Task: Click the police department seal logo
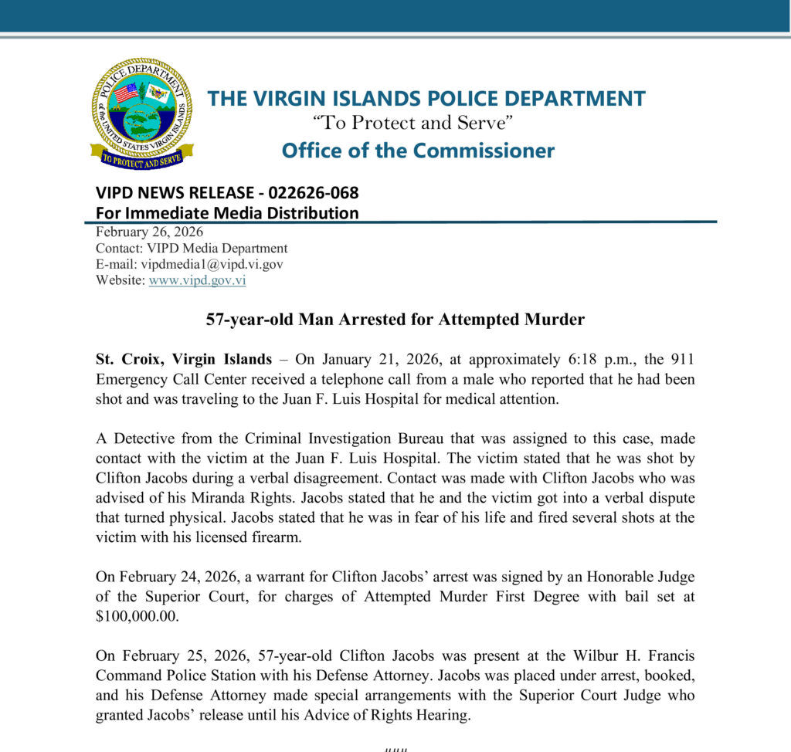tap(141, 113)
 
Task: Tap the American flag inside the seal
tap(125, 93)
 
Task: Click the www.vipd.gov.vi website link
tap(197, 280)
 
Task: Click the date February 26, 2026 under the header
tap(149, 232)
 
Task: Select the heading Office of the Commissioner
tap(418, 150)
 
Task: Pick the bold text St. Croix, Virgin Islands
tap(184, 359)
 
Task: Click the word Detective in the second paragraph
tap(139, 437)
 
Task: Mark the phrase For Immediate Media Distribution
tap(227, 213)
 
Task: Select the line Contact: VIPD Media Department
tap(192, 248)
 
